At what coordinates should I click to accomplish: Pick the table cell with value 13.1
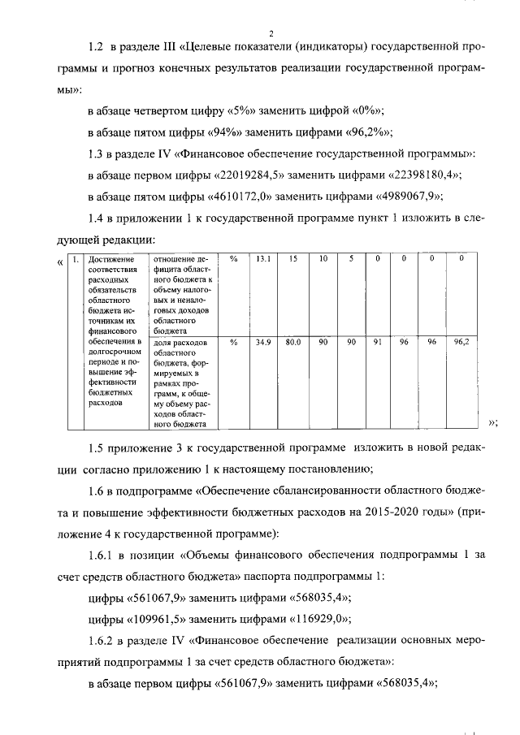[x=263, y=259]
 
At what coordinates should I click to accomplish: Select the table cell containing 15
[x=293, y=259]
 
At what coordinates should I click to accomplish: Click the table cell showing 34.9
[x=263, y=343]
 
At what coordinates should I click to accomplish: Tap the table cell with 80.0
[x=293, y=343]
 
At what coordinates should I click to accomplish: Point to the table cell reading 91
[x=377, y=343]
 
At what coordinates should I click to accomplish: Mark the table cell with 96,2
[x=461, y=343]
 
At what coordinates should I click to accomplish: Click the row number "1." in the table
[x=74, y=260]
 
